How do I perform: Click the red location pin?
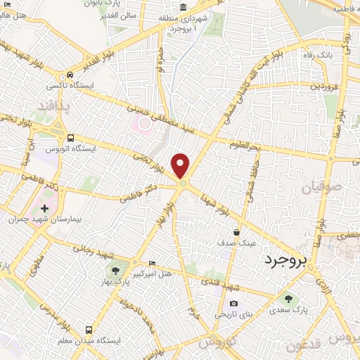181,166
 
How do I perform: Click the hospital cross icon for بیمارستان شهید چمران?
44,209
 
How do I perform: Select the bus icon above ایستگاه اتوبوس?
70,138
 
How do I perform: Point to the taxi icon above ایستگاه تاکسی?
70,75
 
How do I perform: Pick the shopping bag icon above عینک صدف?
238,232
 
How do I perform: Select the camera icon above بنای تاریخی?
233,304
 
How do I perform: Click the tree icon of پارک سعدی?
289,300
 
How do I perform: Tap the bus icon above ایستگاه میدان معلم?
88,329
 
